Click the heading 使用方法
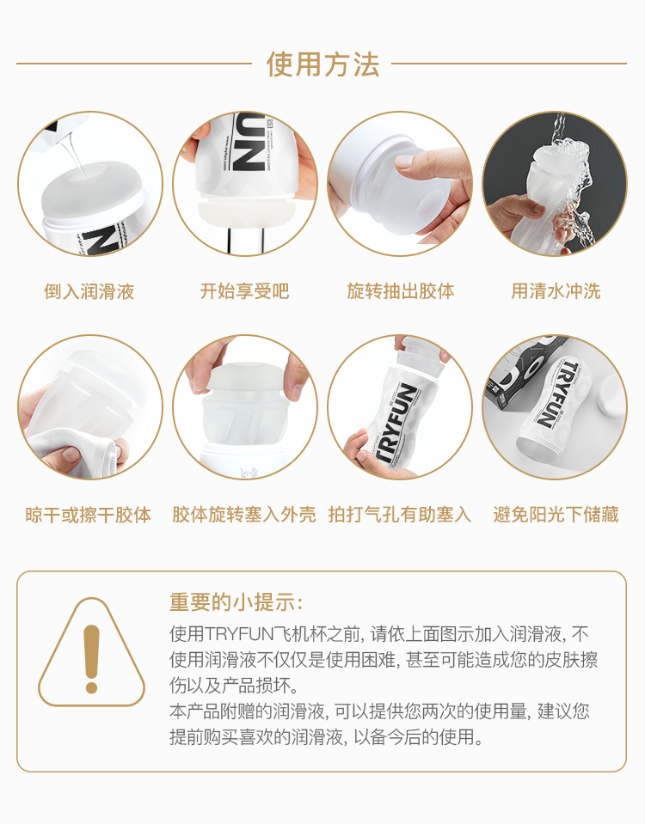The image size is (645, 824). tap(322, 64)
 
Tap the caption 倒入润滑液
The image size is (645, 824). tap(89, 291)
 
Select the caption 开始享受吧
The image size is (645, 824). tap(244, 291)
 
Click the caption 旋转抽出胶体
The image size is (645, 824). tap(401, 291)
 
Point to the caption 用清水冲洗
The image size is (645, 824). tap(556, 291)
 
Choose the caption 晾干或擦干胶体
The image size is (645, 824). tap(89, 515)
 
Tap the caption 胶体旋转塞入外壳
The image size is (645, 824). tap(244, 515)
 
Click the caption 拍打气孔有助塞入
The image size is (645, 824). tap(400, 515)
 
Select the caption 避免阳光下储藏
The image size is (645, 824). tap(556, 515)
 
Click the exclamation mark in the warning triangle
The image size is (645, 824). tap(91, 659)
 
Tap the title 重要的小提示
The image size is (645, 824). tap(236, 602)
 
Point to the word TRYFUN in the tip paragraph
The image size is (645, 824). tap(239, 634)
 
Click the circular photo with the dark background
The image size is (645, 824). tap(555, 183)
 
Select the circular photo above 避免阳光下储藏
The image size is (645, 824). tap(555, 407)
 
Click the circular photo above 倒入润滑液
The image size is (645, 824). tap(90, 183)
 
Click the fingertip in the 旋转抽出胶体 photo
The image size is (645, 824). tap(404, 162)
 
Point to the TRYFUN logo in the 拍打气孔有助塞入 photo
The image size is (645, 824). tap(396, 423)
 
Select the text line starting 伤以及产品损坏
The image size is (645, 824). tap(235, 686)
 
